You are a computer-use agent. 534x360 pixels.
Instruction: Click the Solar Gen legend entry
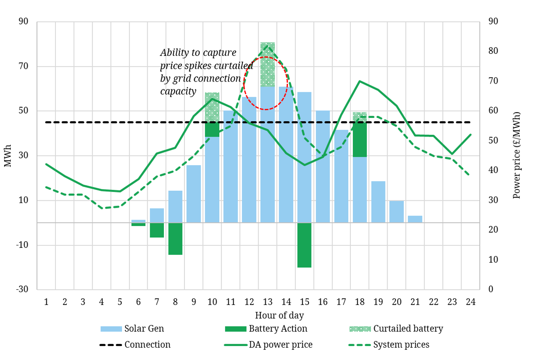pyautogui.click(x=132, y=329)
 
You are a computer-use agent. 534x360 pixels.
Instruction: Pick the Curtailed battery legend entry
pyautogui.click(x=396, y=329)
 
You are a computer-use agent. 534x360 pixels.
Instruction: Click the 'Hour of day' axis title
pyautogui.click(x=279, y=316)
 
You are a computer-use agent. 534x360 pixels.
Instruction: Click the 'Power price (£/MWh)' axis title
pyautogui.click(x=517, y=155)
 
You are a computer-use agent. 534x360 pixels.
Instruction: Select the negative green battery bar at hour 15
pyautogui.click(x=304, y=245)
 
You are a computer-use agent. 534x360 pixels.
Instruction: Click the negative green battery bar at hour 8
pyautogui.click(x=175, y=239)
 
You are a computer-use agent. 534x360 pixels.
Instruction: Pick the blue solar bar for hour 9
pyautogui.click(x=194, y=194)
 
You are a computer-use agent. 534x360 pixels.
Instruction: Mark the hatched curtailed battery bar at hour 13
pyautogui.click(x=268, y=64)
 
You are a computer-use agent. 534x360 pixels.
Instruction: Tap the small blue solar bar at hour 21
pyautogui.click(x=415, y=219)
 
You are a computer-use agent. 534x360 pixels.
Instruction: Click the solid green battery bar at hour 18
pyautogui.click(x=360, y=139)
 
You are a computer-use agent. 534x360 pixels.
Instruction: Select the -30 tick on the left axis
pyautogui.click(x=22, y=289)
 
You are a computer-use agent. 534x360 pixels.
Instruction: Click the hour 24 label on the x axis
pyautogui.click(x=470, y=302)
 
